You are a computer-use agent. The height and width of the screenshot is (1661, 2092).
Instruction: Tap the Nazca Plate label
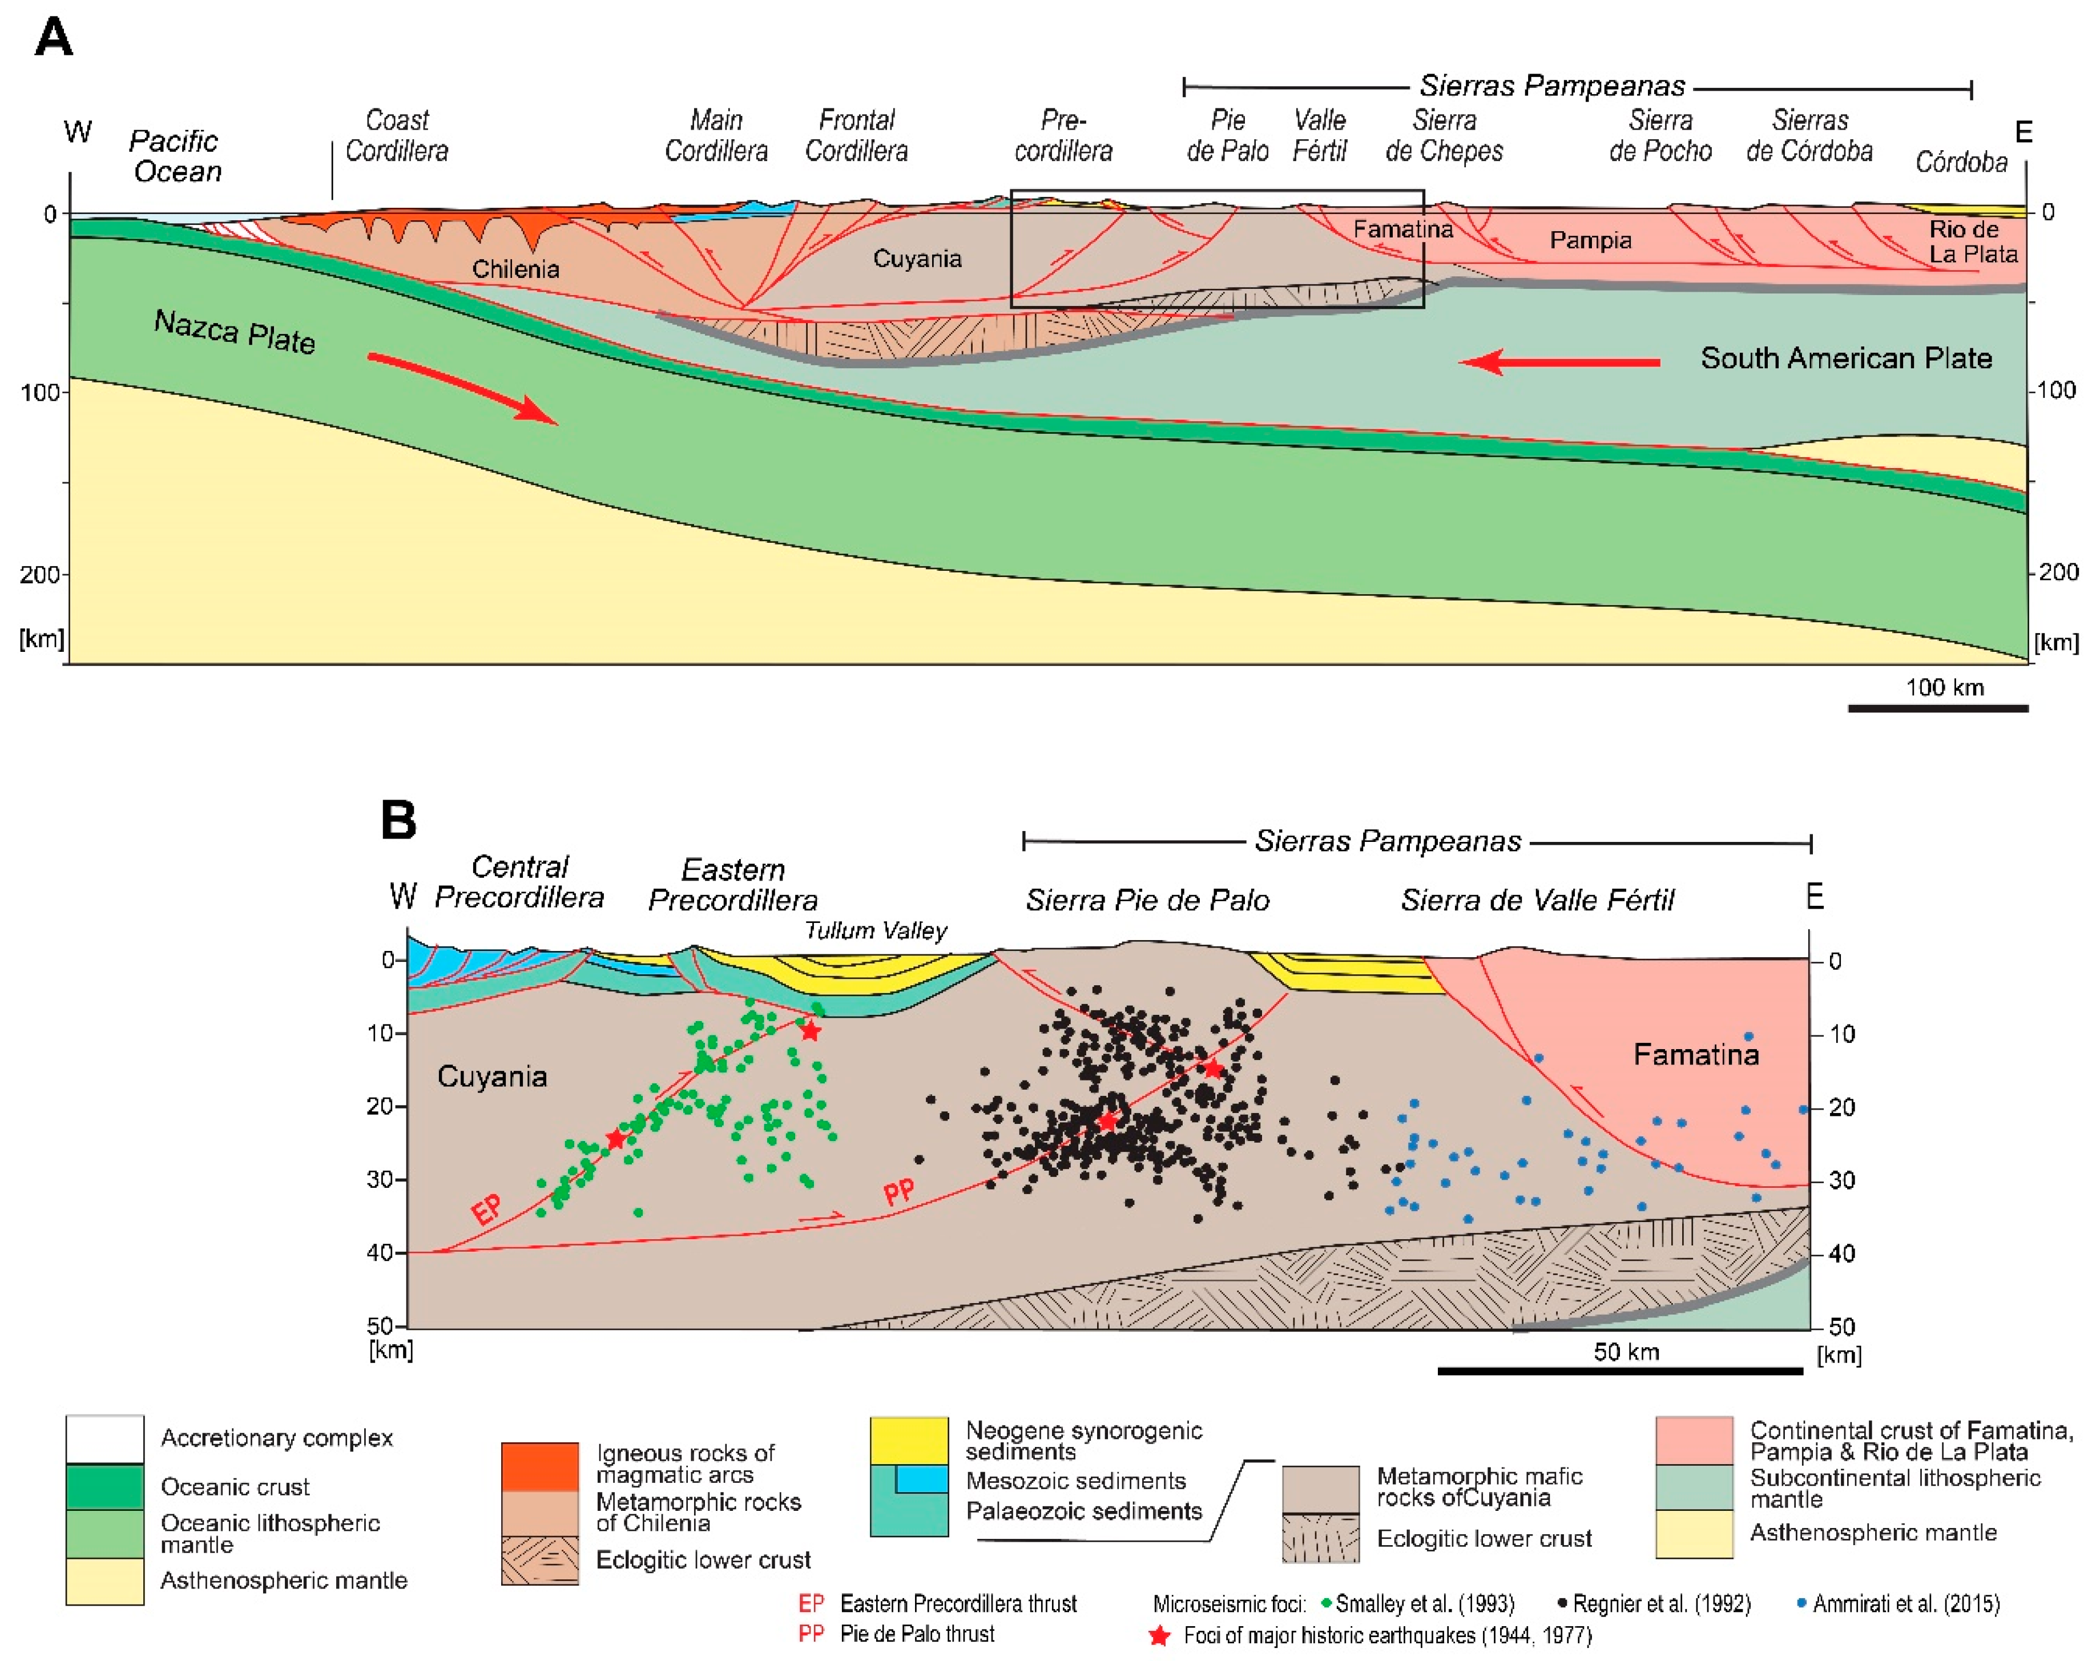coord(235,332)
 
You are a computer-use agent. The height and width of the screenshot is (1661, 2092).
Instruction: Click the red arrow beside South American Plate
coord(1559,362)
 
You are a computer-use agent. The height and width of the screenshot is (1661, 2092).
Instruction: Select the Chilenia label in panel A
coord(515,269)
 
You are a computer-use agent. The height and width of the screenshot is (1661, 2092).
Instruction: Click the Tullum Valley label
coord(875,930)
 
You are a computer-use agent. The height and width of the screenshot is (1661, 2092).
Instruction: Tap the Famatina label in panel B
coord(1695,1055)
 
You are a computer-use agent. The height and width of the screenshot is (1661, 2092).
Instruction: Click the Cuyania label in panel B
coord(492,1076)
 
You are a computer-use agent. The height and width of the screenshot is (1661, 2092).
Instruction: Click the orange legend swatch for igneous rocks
coord(539,1465)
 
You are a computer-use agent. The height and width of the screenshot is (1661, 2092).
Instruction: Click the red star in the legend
coord(1159,1636)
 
